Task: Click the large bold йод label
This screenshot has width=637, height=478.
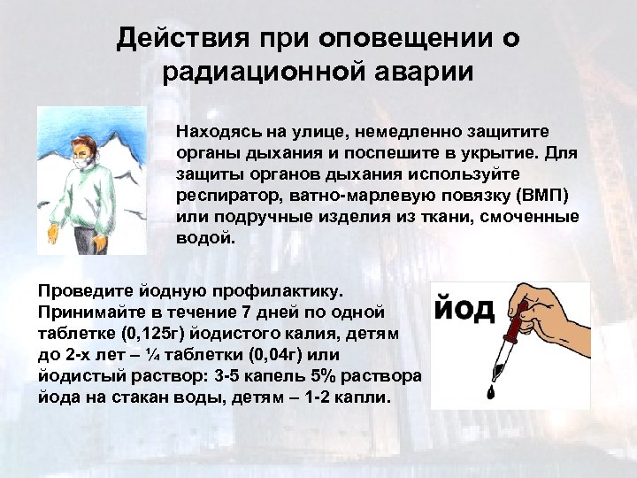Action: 465,309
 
